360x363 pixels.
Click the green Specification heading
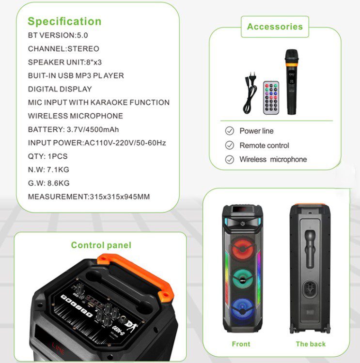[64, 21]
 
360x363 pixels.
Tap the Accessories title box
[275, 27]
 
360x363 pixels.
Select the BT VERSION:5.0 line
[58, 35]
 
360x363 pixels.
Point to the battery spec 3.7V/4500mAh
[93, 129]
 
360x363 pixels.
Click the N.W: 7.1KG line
[48, 170]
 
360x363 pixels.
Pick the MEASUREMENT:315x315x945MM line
[89, 197]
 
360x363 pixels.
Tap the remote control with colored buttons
[271, 97]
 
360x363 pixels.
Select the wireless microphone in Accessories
[291, 82]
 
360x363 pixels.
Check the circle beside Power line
[230, 131]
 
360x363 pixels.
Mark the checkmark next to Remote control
[230, 145]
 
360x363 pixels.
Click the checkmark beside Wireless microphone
[230, 160]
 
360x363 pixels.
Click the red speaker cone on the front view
[242, 249]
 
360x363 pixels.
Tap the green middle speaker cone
[242, 279]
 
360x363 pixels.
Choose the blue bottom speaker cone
[242, 310]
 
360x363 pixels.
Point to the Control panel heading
[101, 245]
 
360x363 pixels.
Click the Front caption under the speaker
[241, 344]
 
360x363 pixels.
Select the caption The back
[311, 344]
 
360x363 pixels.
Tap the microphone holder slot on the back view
[310, 249]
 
